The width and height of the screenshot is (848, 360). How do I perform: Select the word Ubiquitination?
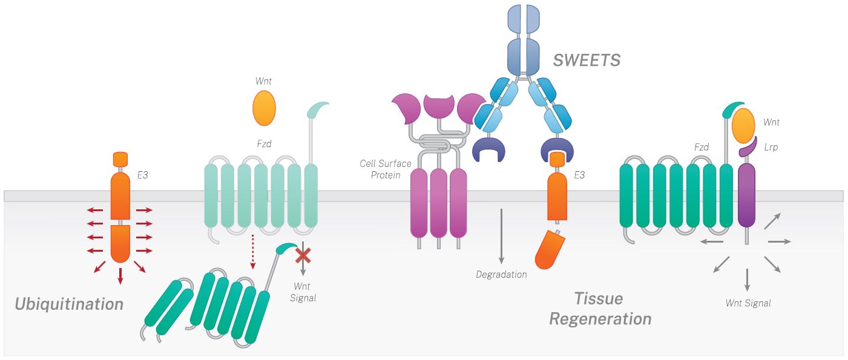pyautogui.click(x=69, y=303)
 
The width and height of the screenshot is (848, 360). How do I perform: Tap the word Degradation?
pyautogui.click(x=501, y=275)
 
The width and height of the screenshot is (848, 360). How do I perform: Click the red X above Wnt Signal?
pyautogui.click(x=303, y=256)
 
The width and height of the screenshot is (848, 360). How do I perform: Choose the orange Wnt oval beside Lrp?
pyautogui.click(x=743, y=126)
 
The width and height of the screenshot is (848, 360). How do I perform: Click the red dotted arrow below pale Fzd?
pyautogui.click(x=252, y=252)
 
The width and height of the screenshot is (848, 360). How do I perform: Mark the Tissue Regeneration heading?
pyautogui.click(x=599, y=309)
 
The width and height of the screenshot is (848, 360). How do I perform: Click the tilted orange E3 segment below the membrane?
pyautogui.click(x=550, y=249)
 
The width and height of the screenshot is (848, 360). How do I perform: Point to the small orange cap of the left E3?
pyautogui.click(x=120, y=159)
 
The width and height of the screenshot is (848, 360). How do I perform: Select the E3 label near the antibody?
pyautogui.click(x=580, y=175)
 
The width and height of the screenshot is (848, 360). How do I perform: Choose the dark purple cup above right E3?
pyautogui.click(x=556, y=149)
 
